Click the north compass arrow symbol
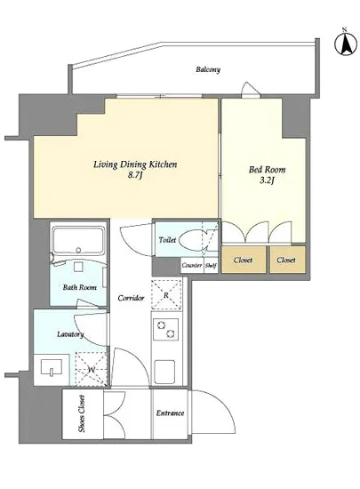coord(346,44)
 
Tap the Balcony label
coord(208,69)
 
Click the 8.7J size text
coord(136,175)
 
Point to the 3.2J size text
coord(267,180)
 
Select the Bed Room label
coord(268,169)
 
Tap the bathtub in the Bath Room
coord(78,240)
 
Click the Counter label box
coord(192,266)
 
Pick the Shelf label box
coord(211,266)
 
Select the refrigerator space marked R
coord(166,294)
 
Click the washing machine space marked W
coord(92,369)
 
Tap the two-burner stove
coord(165,329)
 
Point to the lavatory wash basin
coord(52,368)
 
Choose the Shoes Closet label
coord(82,413)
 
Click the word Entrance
coord(170,413)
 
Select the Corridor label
coord(131,298)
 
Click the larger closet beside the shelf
coord(244,260)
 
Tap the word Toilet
coord(167,240)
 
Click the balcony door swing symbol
coord(251,90)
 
